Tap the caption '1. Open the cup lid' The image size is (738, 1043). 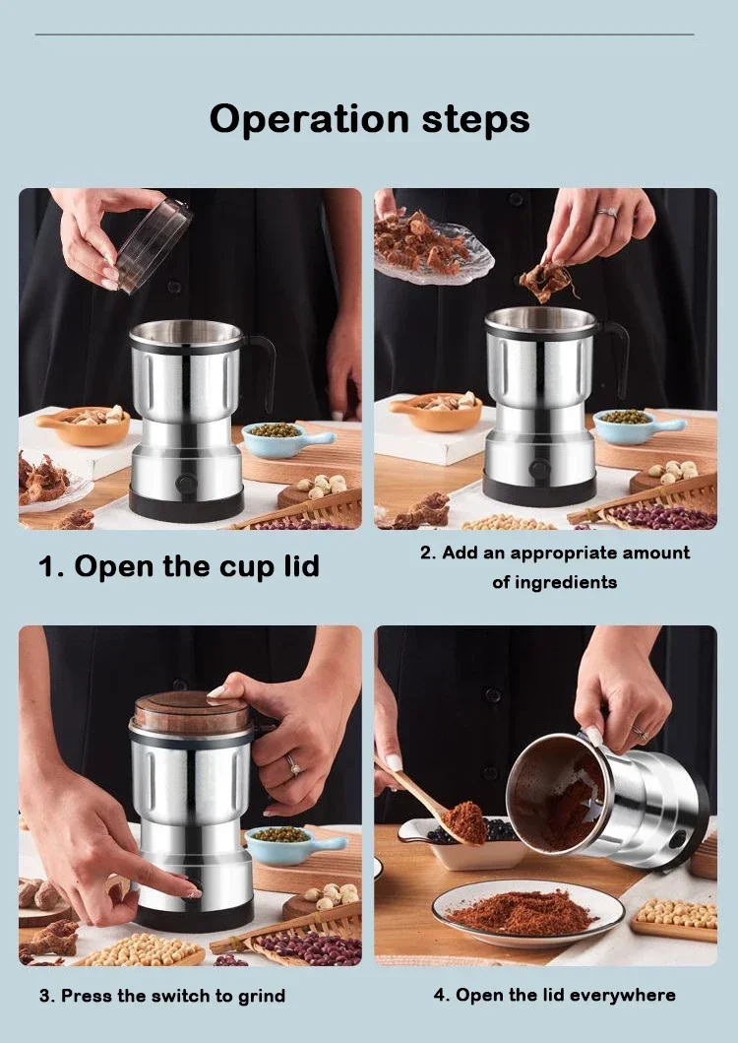click(178, 567)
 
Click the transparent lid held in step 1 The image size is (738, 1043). click(153, 242)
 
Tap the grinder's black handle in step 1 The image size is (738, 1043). click(264, 369)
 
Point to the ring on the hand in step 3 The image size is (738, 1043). click(292, 765)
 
